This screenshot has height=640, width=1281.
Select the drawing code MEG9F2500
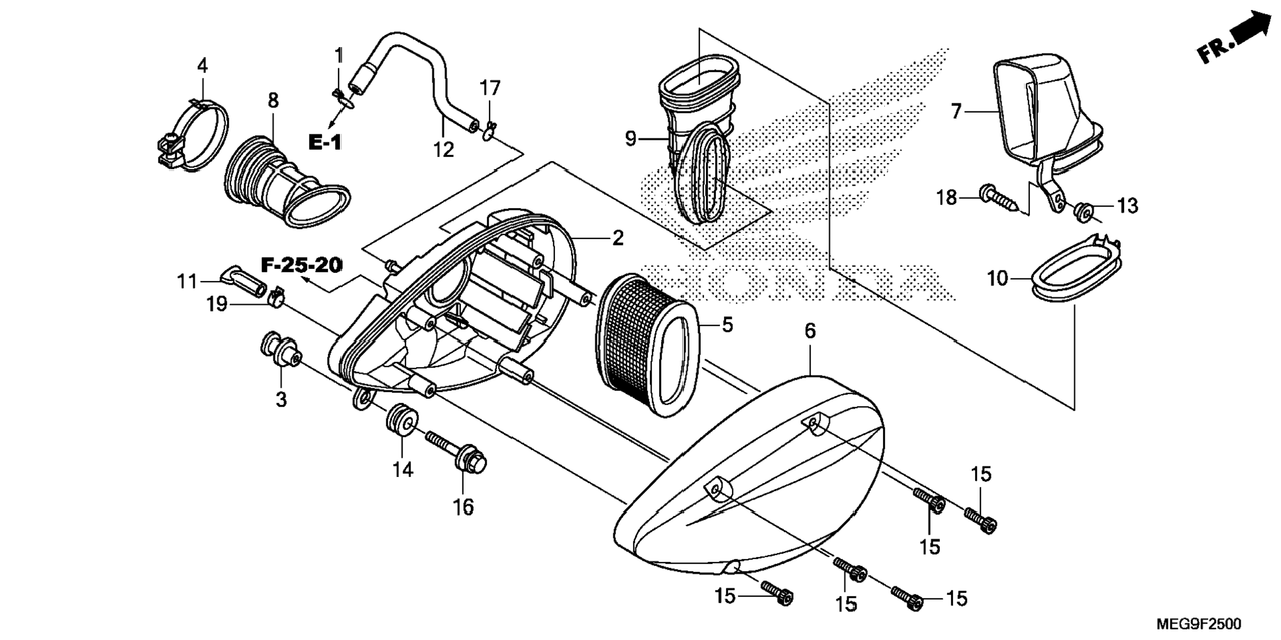(x=1199, y=624)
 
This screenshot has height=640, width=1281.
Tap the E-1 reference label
(x=325, y=142)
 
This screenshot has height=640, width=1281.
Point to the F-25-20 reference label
(x=301, y=266)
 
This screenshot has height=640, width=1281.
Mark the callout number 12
(x=443, y=150)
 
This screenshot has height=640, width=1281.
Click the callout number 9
(x=630, y=139)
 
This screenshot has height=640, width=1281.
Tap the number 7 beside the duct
(x=956, y=112)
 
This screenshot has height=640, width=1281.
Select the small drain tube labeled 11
(x=242, y=281)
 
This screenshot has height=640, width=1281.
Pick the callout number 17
(x=490, y=88)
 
